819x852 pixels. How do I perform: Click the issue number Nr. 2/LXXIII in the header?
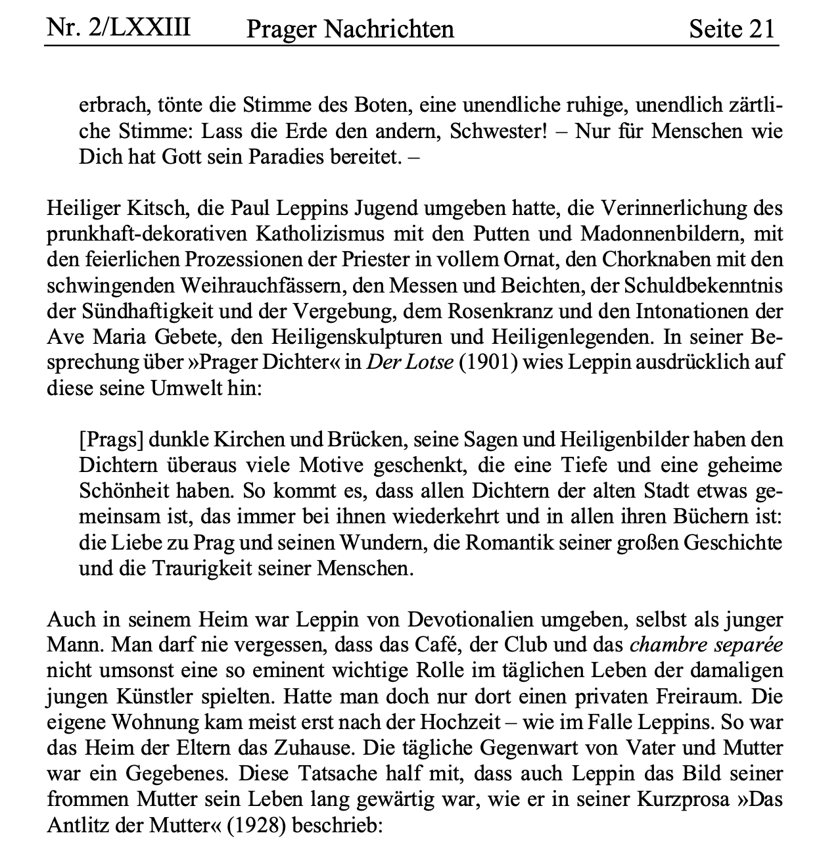point(118,28)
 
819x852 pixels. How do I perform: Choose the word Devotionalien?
point(477,620)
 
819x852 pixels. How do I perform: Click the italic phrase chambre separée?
point(707,645)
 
